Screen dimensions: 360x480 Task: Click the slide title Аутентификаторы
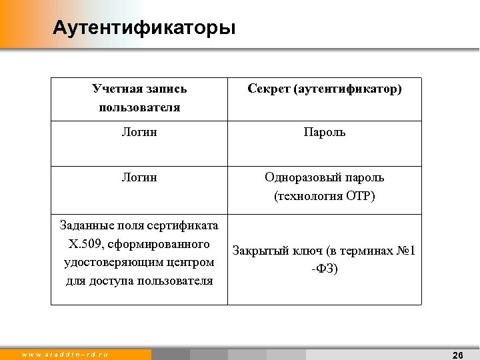(144, 29)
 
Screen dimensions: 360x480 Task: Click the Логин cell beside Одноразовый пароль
(139, 177)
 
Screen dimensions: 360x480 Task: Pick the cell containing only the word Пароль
(325, 133)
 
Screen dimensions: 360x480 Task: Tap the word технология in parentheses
(308, 196)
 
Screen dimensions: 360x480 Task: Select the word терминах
(363, 251)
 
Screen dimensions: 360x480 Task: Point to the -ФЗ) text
(324, 269)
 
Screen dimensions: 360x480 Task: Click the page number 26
(457, 355)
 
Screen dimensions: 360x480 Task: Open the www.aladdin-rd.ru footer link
(65, 355)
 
